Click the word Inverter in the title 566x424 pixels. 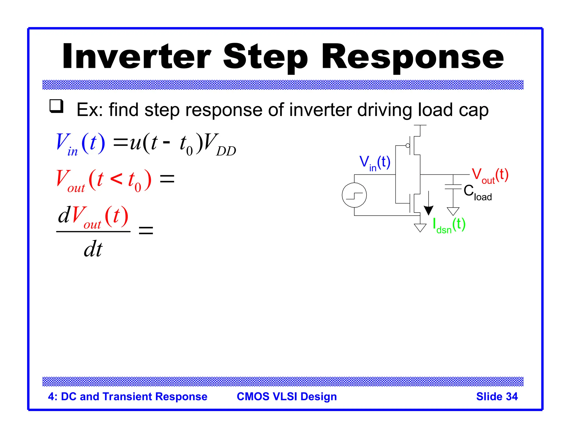tap(137, 57)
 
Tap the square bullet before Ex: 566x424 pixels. tap(56, 106)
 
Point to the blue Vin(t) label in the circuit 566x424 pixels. tap(374, 163)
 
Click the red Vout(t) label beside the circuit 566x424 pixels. tap(490, 175)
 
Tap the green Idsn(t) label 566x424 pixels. tap(449, 225)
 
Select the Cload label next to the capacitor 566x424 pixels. tap(477, 192)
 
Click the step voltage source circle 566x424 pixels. tap(354, 195)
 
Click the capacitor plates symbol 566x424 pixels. tap(453, 187)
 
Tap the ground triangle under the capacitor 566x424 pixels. tap(453, 211)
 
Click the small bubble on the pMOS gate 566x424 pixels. tap(408, 145)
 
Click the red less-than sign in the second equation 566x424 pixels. tap(116, 179)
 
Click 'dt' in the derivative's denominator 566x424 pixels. tap(93, 249)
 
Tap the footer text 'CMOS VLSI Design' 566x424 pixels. tap(287, 396)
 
